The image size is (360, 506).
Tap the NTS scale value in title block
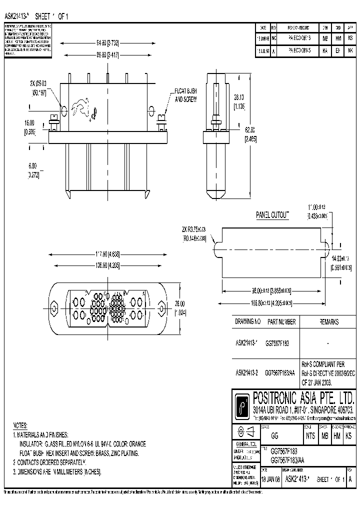click(309, 435)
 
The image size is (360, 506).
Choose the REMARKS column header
click(328, 322)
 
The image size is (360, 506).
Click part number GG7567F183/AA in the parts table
click(279, 372)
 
